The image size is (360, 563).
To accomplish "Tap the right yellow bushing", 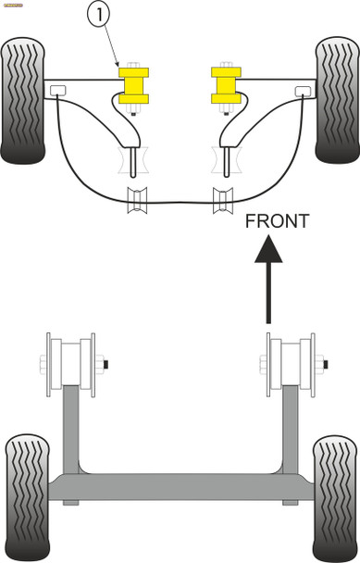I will pyautogui.click(x=223, y=84).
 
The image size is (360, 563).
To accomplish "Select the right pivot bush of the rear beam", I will pyautogui.click(x=290, y=363).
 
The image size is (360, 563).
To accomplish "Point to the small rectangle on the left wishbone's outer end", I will pyautogui.click(x=57, y=90).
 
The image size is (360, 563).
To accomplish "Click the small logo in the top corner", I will pyautogui.click(x=13, y=4).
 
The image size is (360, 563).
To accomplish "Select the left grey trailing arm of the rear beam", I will pyautogui.click(x=70, y=426).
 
